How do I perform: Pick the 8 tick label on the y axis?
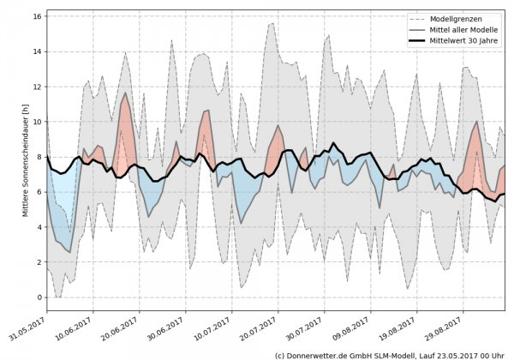(x=39, y=157)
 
